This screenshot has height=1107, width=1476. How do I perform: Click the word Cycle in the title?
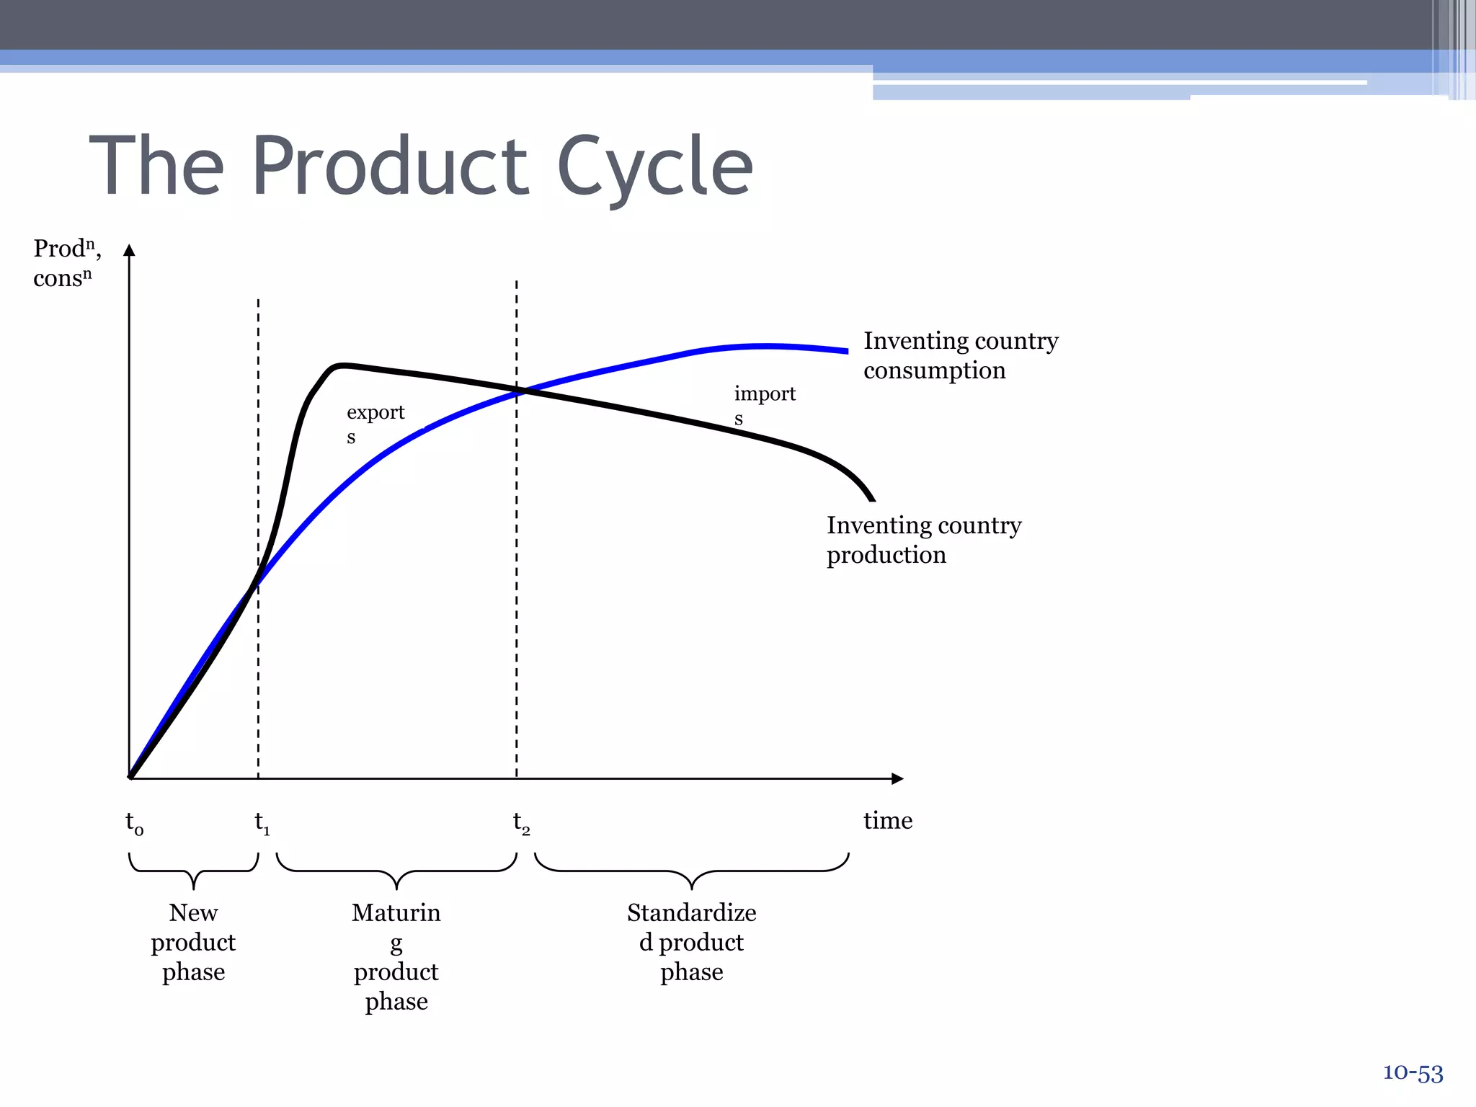point(654,167)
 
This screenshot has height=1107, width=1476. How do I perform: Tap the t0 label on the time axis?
point(134,822)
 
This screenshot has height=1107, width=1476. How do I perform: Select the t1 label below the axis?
point(262,822)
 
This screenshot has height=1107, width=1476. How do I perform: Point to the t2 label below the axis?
point(521,822)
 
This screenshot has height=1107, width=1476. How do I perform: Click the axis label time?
point(887,820)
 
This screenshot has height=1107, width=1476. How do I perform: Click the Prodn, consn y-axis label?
point(66,263)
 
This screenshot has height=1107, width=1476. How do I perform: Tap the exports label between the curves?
point(375,423)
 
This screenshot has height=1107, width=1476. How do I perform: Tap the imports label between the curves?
point(764,404)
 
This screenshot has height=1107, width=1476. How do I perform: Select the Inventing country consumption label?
point(960,355)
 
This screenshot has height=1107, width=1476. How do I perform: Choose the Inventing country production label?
point(923,540)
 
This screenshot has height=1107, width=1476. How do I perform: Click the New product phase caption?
point(193,942)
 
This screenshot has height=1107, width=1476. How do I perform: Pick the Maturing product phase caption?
point(396,956)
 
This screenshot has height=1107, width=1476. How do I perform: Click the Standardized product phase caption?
point(691,942)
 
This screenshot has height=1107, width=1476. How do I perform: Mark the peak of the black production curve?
point(342,365)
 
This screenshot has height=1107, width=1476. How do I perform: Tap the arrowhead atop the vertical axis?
point(129,250)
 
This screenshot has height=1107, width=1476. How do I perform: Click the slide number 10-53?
point(1413,1073)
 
